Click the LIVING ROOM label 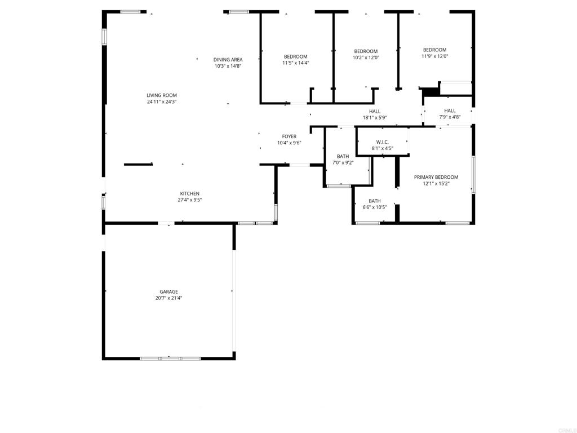tap(162, 95)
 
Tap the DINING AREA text tap(228, 60)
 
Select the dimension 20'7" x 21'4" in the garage tap(168, 298)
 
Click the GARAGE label tap(168, 291)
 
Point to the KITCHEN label tap(189, 193)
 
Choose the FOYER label tap(289, 136)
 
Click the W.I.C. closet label tap(382, 142)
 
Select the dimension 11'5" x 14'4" tap(295, 63)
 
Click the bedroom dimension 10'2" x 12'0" tap(366, 58)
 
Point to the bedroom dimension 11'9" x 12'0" tap(434, 56)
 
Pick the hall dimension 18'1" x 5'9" tap(375, 118)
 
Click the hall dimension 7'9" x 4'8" tap(450, 117)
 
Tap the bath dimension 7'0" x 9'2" tap(343, 163)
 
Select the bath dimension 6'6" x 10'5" tap(374, 207)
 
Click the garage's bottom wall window tap(170, 358)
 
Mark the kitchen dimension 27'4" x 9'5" tap(189, 200)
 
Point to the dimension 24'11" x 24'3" tap(162, 102)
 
